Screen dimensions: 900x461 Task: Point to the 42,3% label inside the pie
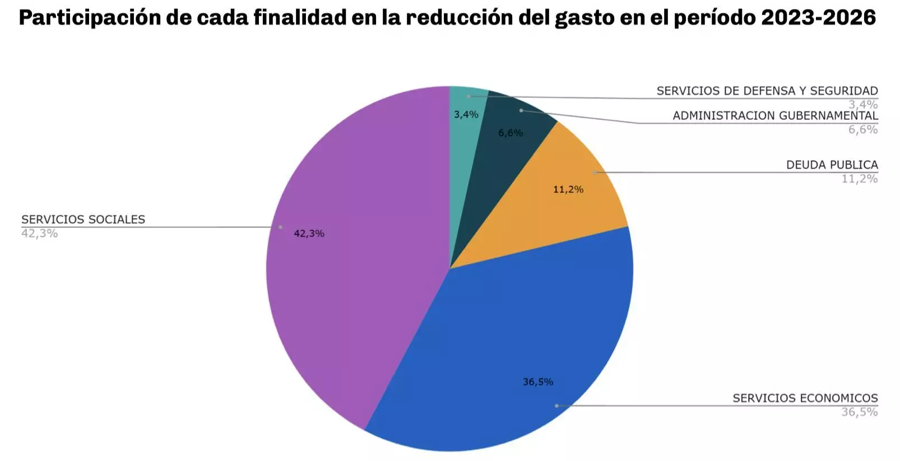coord(309,234)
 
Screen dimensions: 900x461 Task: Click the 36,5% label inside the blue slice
coord(538,382)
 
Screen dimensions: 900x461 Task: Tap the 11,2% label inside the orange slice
coord(568,189)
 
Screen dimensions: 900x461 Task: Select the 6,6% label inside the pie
coord(511,133)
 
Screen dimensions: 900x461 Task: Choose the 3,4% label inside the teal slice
coord(466,114)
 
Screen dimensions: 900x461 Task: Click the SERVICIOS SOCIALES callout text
coord(83,219)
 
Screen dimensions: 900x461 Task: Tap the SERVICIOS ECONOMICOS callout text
coord(805,398)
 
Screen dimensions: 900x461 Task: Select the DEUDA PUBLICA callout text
coord(832,165)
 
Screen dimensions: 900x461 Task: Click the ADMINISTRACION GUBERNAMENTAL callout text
coord(776,115)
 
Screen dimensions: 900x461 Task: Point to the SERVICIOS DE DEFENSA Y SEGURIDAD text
coord(767,91)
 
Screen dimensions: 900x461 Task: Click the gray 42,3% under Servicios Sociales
coord(39,234)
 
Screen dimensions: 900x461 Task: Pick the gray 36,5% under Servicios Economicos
coord(860,412)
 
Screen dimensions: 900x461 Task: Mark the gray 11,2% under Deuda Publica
coord(860,179)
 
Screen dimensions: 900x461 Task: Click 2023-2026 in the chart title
coord(818,18)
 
